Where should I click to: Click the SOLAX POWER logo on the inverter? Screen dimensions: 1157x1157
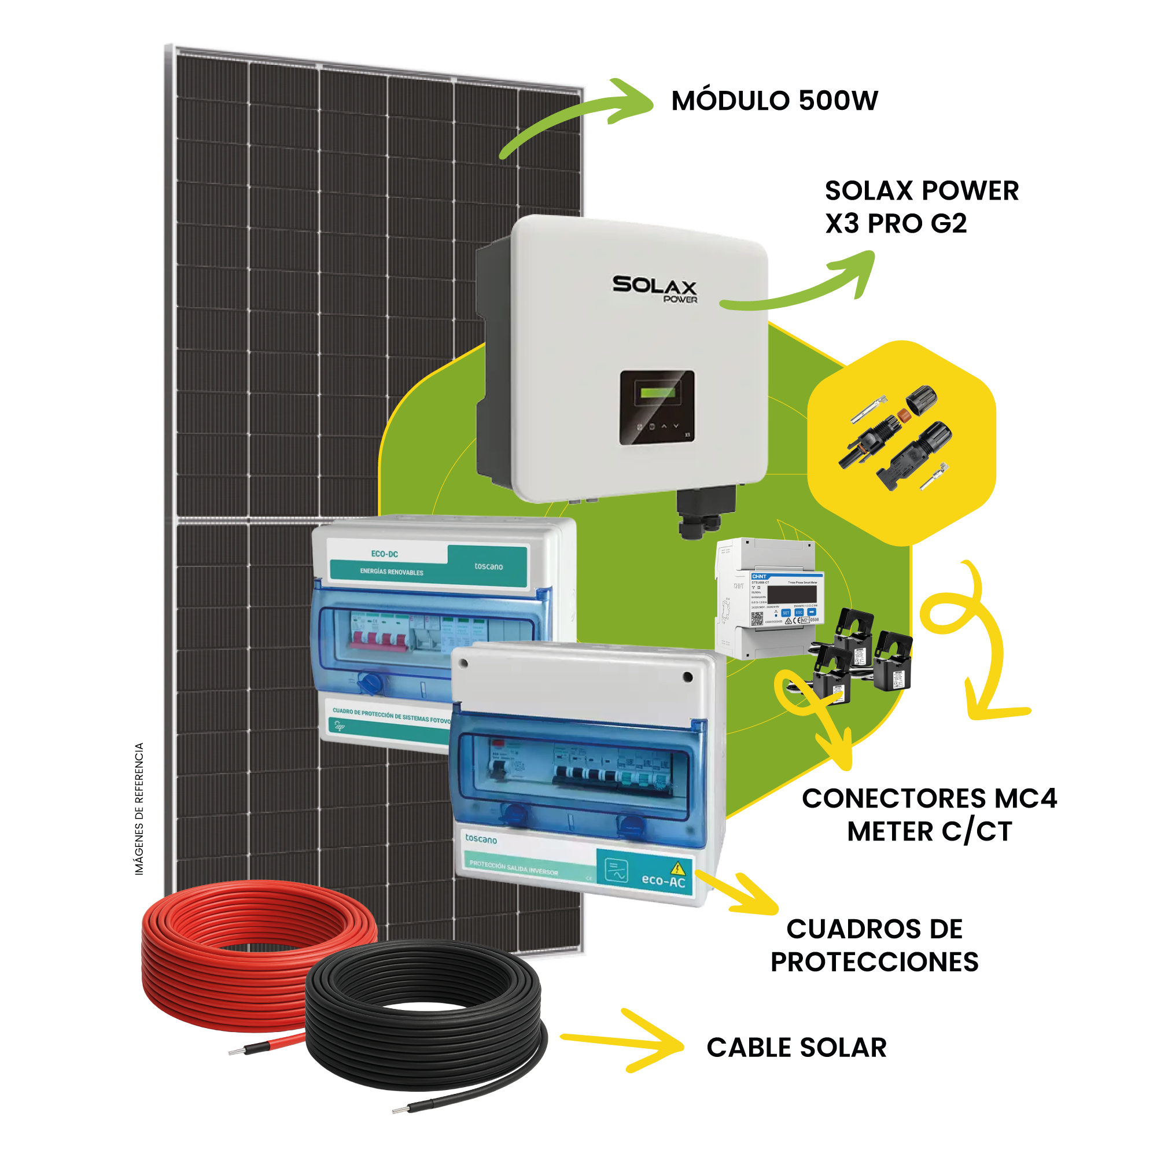tap(654, 288)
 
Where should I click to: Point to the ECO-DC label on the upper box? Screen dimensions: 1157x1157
tap(385, 554)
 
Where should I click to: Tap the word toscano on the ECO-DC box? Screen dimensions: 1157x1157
tap(489, 566)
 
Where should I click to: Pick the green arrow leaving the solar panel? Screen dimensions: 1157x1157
tap(575, 120)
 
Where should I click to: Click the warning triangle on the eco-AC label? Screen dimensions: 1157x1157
tap(677, 867)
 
